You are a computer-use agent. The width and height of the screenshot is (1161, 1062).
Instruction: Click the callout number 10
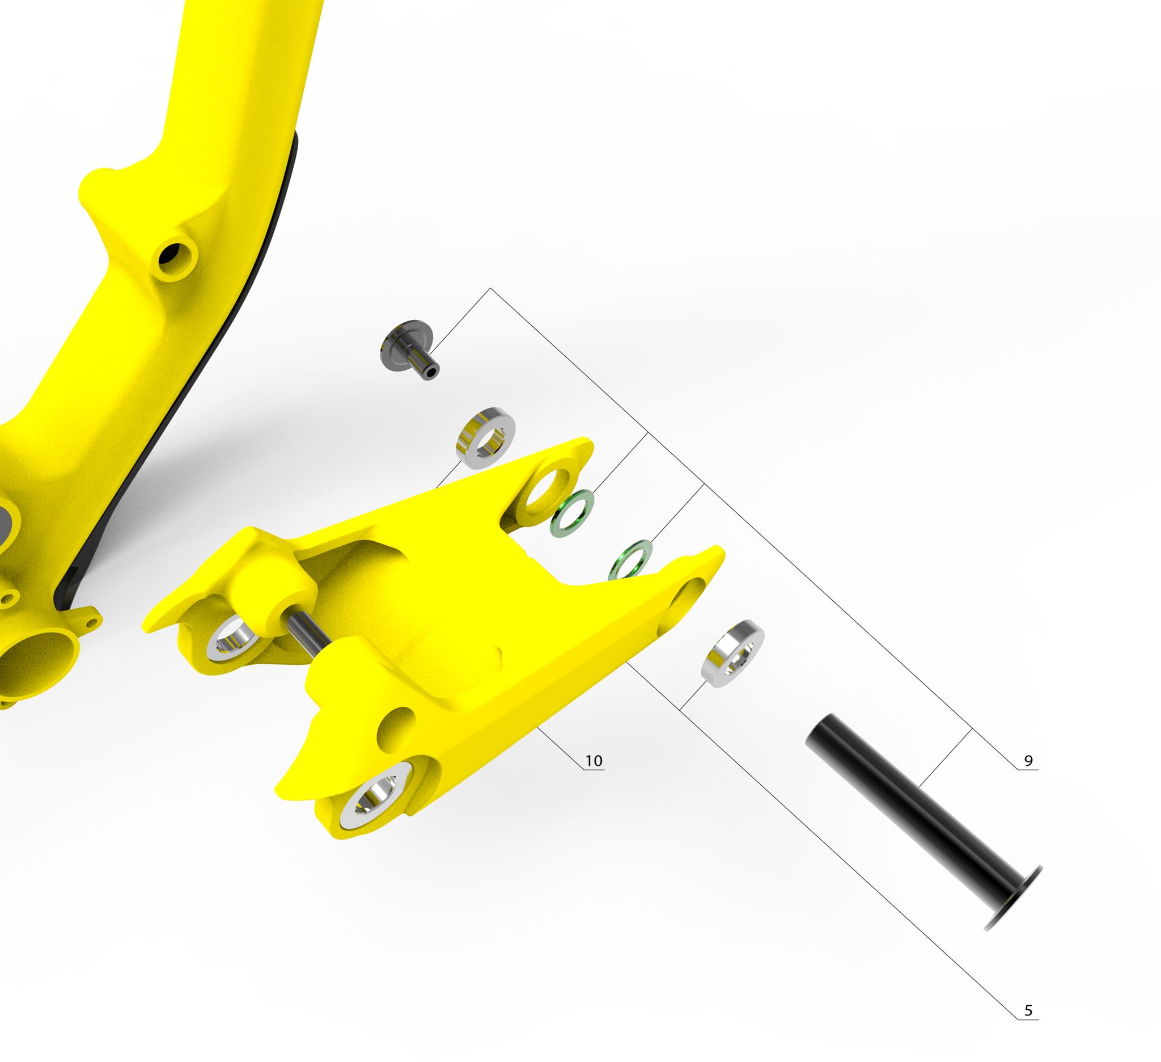coord(594,761)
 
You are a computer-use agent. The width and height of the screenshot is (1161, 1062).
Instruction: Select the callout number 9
coord(1028,761)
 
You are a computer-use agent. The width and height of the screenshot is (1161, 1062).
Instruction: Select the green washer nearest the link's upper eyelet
coord(573,513)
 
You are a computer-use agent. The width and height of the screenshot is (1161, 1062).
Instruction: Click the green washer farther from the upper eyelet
coord(630,560)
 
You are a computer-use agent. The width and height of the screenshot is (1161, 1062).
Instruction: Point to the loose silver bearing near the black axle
coord(732,654)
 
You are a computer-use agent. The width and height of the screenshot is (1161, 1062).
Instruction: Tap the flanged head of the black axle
coord(1014,905)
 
